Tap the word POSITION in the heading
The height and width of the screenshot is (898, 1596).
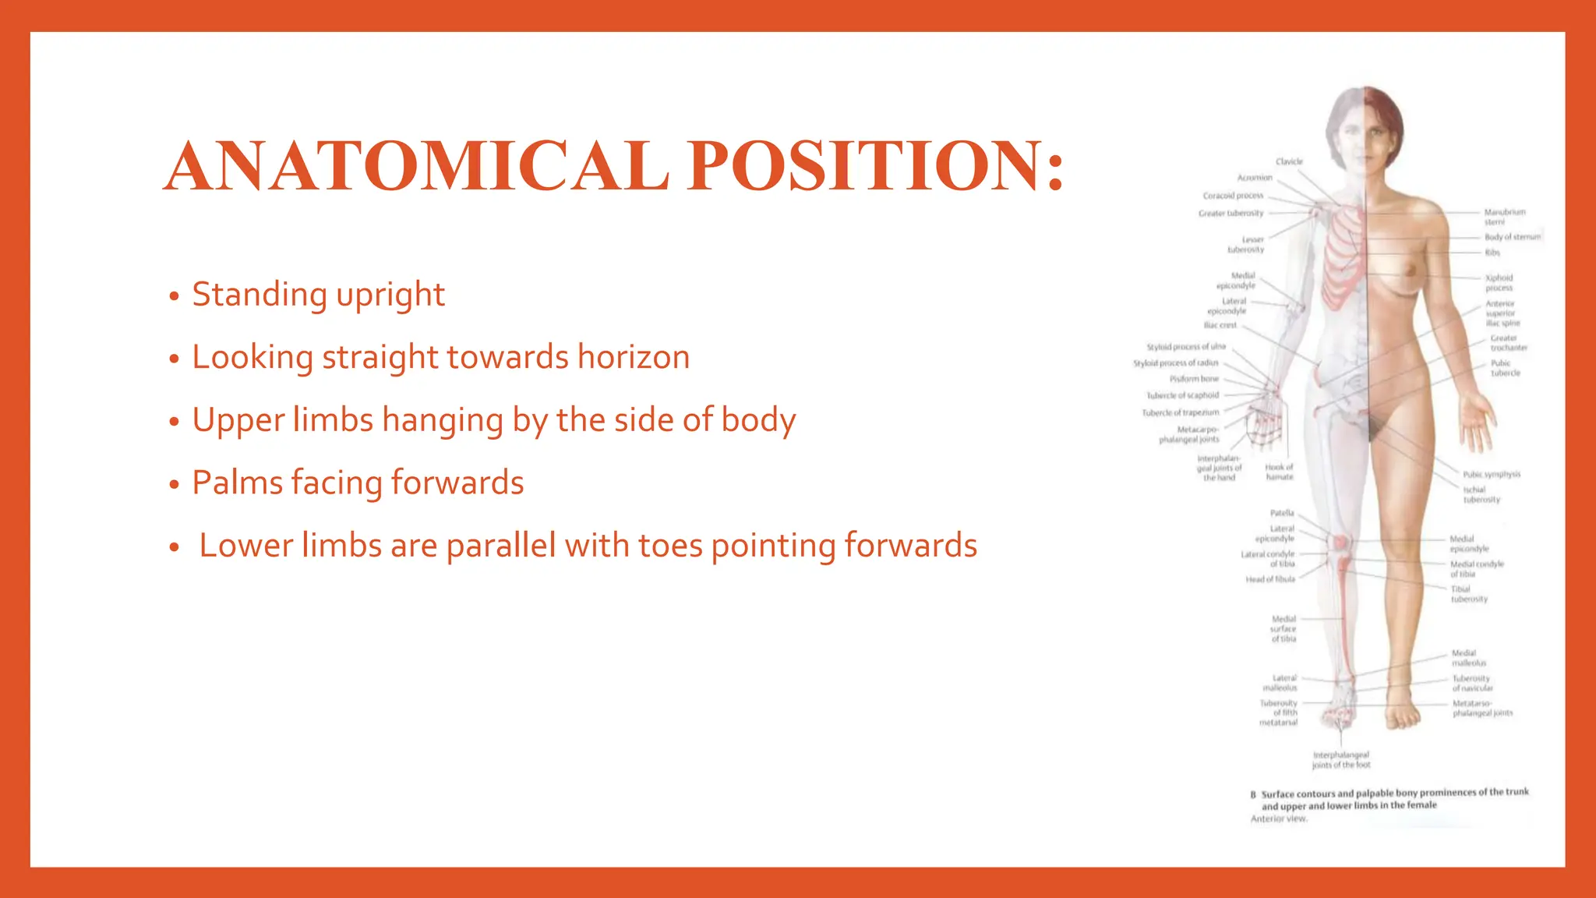(865, 166)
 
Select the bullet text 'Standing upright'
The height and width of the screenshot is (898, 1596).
(318, 295)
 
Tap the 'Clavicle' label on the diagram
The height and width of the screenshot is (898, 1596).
(1289, 161)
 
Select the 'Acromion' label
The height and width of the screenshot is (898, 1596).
(1255, 178)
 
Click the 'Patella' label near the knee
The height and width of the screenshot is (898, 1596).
(1282, 513)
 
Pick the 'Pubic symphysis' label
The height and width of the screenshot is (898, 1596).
(1492, 474)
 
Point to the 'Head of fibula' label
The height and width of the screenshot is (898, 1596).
(1270, 579)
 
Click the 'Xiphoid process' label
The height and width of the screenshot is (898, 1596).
(1499, 282)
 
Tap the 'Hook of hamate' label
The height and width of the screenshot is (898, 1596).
(1279, 472)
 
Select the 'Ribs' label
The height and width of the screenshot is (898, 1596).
(1492, 253)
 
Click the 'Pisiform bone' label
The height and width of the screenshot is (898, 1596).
(1194, 379)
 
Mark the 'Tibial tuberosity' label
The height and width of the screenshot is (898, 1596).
(1469, 594)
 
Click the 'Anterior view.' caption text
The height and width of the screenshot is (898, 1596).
(1279, 818)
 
